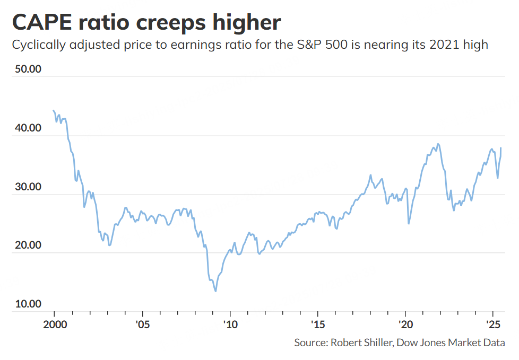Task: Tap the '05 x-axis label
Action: click(x=142, y=323)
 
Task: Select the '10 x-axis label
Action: click(x=230, y=323)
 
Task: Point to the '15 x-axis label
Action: click(x=317, y=323)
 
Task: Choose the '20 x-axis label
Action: click(x=405, y=323)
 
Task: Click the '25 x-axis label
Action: click(x=493, y=323)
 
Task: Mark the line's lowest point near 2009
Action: click(x=215, y=291)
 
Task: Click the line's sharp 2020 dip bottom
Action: click(x=409, y=223)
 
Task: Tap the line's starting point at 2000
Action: click(x=54, y=110)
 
